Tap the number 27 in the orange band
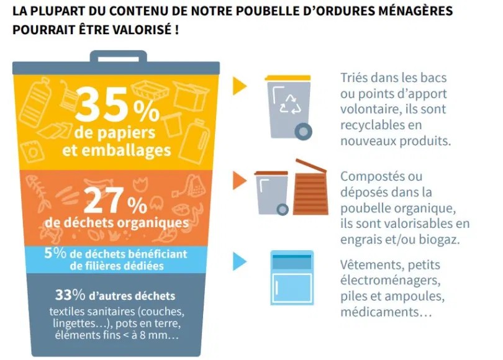tap(105, 200)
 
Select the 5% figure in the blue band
tap(52, 253)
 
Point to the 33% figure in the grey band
tap(69, 295)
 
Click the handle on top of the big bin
tap(117, 56)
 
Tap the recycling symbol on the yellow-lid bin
tap(291, 104)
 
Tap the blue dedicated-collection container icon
tap(291, 277)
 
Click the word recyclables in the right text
tap(370, 125)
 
